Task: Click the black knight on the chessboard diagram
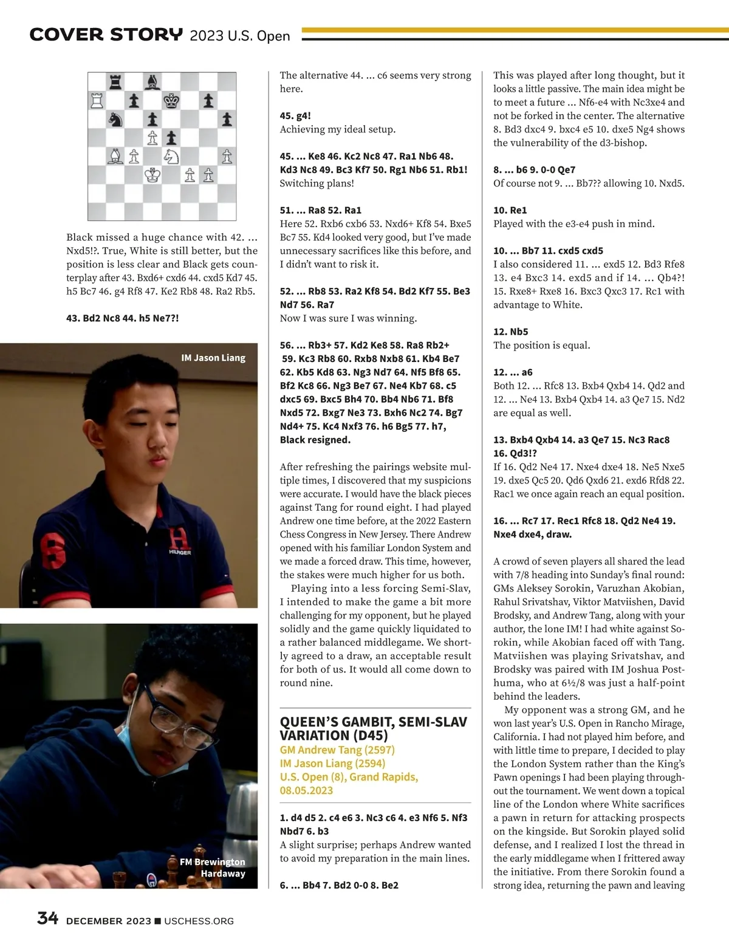[115, 119]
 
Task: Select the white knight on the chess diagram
[171, 157]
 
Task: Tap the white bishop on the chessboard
[115, 157]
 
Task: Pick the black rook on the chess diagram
[115, 81]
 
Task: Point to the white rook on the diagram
[97, 100]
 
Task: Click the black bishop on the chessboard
[152, 81]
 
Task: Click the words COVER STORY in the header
[106, 35]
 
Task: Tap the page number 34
[47, 918]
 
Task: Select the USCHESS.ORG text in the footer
[199, 921]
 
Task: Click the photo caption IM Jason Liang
[213, 358]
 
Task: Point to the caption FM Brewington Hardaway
[213, 867]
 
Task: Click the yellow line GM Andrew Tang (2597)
[337, 750]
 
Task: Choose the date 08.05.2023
[307, 790]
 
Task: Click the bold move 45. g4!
[295, 115]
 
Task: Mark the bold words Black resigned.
[315, 440]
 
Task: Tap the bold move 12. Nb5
[511, 332]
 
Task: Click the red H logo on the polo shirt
[179, 538]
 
